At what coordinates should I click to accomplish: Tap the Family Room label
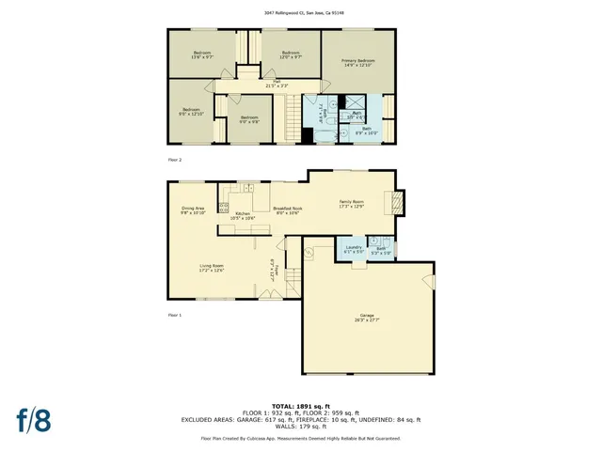[x=351, y=203]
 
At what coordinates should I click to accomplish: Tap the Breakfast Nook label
[x=287, y=210]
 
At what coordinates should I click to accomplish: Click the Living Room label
[x=211, y=269]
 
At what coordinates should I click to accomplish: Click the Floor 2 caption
[x=175, y=160]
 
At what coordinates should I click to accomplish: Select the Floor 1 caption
[x=175, y=315]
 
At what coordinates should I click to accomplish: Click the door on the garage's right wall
[x=432, y=279]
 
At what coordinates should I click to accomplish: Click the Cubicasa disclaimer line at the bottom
[x=301, y=438]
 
